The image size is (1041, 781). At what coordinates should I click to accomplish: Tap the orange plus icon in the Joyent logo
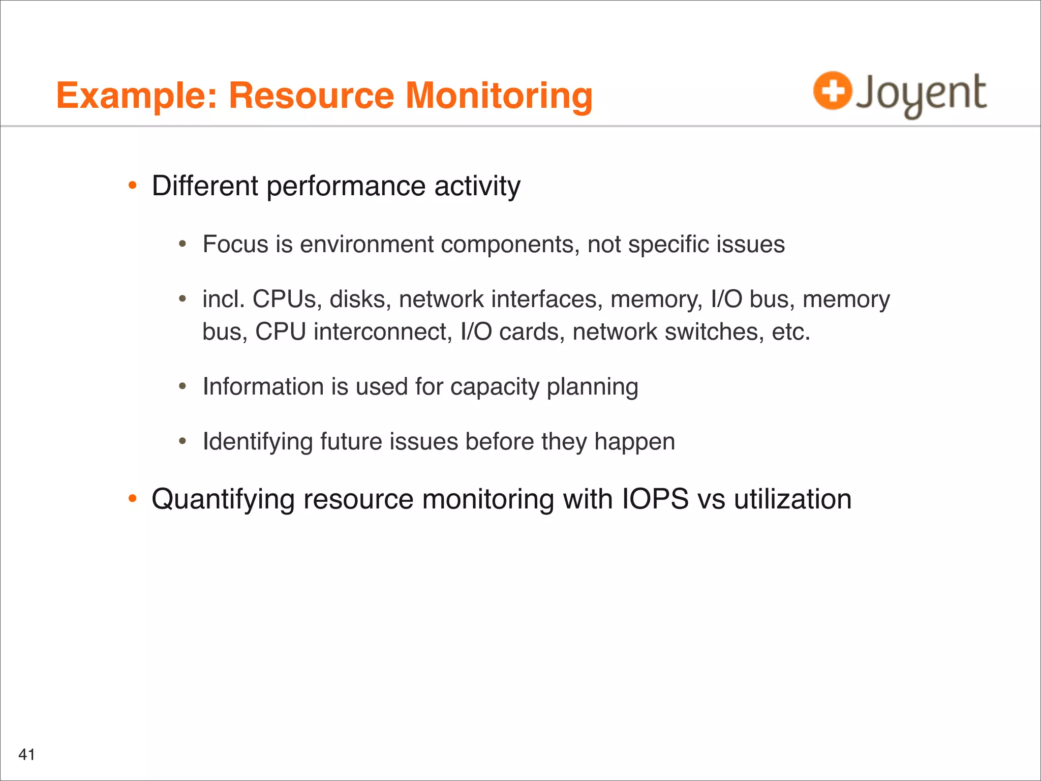coord(832,91)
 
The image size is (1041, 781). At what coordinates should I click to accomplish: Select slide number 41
coord(26,754)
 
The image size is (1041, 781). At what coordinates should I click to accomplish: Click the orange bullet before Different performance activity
coord(133,186)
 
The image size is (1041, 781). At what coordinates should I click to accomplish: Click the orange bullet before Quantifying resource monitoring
coord(133,499)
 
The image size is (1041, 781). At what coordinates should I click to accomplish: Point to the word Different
coord(205,186)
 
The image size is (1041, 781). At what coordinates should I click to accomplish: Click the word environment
coord(366,244)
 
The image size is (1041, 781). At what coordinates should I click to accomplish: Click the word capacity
coord(494,386)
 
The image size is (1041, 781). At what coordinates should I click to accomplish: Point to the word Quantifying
coord(223,499)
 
